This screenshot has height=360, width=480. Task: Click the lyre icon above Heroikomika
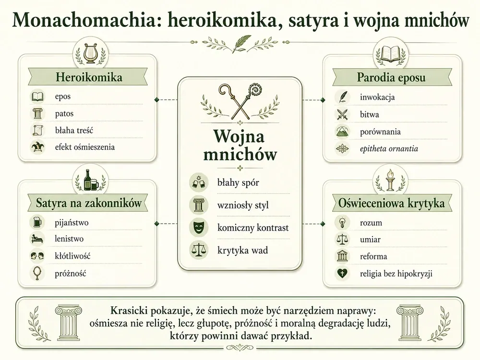point(90,53)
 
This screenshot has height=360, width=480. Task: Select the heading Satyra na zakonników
point(89,203)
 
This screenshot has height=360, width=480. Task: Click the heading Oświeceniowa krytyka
point(392,203)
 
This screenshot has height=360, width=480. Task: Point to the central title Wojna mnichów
point(240,145)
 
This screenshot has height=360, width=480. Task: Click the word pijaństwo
point(72,223)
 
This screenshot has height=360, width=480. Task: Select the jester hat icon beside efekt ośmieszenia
point(37,147)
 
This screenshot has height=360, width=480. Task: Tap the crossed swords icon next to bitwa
point(342,115)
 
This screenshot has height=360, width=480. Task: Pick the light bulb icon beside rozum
point(342,222)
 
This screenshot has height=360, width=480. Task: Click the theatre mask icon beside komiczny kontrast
point(198,228)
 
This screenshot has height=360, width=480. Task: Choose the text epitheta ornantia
point(389,149)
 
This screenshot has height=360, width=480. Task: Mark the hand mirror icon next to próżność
point(37,273)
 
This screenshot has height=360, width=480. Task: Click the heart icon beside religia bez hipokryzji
point(342,273)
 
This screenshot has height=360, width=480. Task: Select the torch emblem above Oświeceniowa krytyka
point(390,180)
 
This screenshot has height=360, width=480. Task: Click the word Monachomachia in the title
point(84,20)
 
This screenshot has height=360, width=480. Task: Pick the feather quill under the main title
point(241,43)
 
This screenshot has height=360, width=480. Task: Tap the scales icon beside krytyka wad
point(198,250)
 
